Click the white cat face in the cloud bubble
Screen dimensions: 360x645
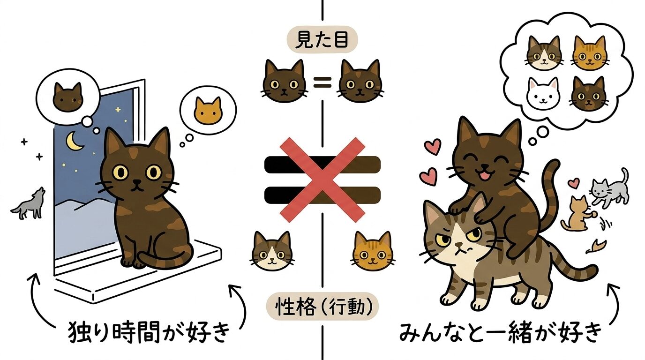tap(544, 92)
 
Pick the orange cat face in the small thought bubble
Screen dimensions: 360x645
tap(208, 109)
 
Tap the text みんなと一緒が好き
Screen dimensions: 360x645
tap(500, 332)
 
